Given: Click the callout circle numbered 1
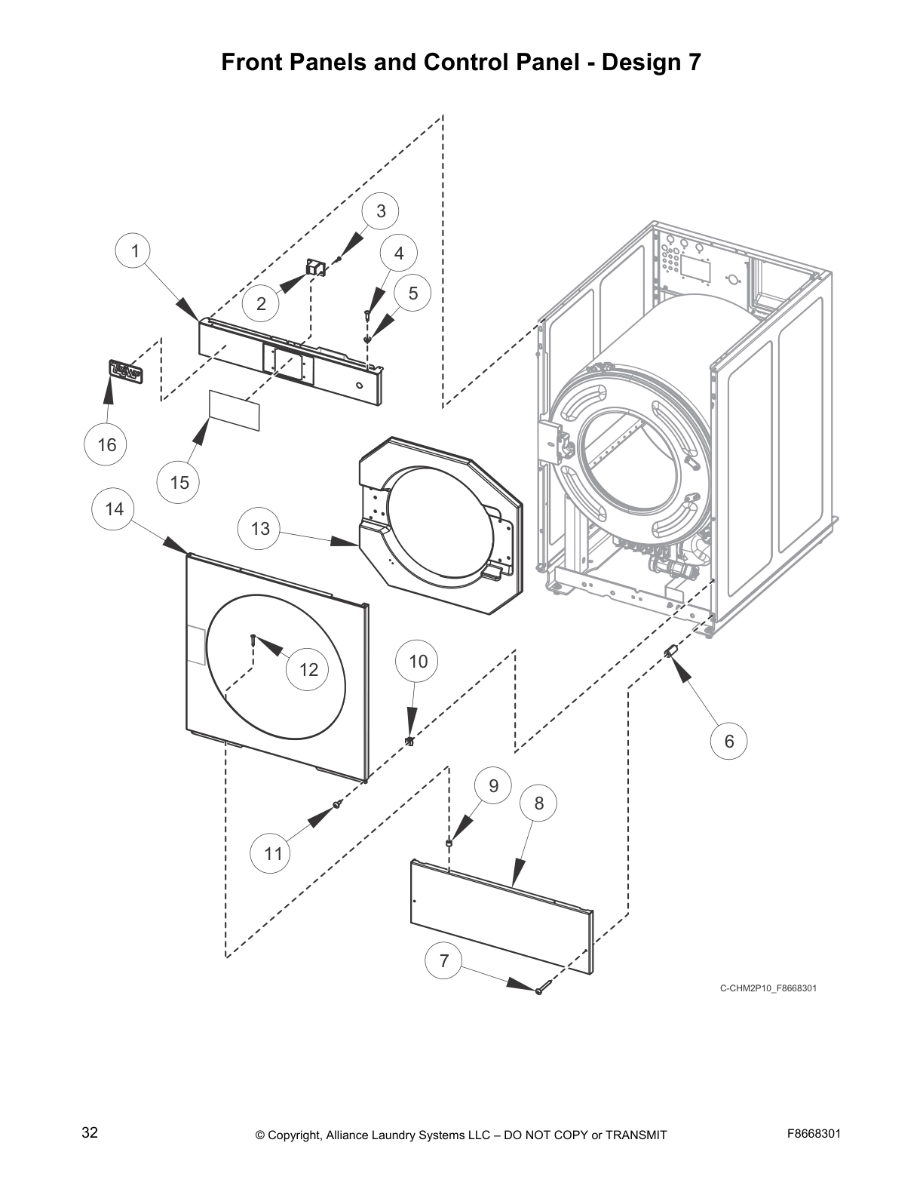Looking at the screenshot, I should coord(135,250).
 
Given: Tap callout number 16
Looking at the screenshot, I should coord(106,444).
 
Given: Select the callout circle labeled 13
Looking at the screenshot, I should coord(260,528).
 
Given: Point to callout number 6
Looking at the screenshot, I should coord(728,741).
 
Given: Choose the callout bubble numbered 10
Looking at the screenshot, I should coord(418,662).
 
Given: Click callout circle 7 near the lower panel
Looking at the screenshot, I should coord(443,960).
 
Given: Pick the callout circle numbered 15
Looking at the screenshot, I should coord(179,482).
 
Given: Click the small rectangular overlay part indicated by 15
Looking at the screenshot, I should coord(235,410).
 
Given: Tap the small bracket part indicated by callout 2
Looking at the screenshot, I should coord(314,266).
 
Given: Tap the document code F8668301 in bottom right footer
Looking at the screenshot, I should coord(814,1133).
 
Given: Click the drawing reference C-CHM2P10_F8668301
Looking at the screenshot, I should coord(768,988).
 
